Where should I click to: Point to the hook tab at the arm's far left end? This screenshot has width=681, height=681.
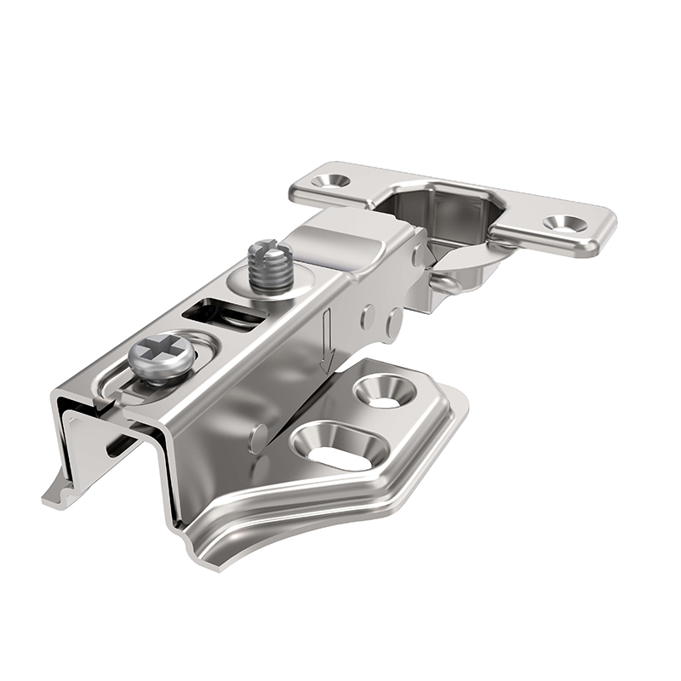click(x=60, y=494)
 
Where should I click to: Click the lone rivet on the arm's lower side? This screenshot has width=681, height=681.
click(x=257, y=438)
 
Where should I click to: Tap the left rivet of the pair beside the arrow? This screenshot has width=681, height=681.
click(x=368, y=317)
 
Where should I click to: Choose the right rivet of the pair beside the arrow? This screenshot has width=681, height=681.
click(x=392, y=321)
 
